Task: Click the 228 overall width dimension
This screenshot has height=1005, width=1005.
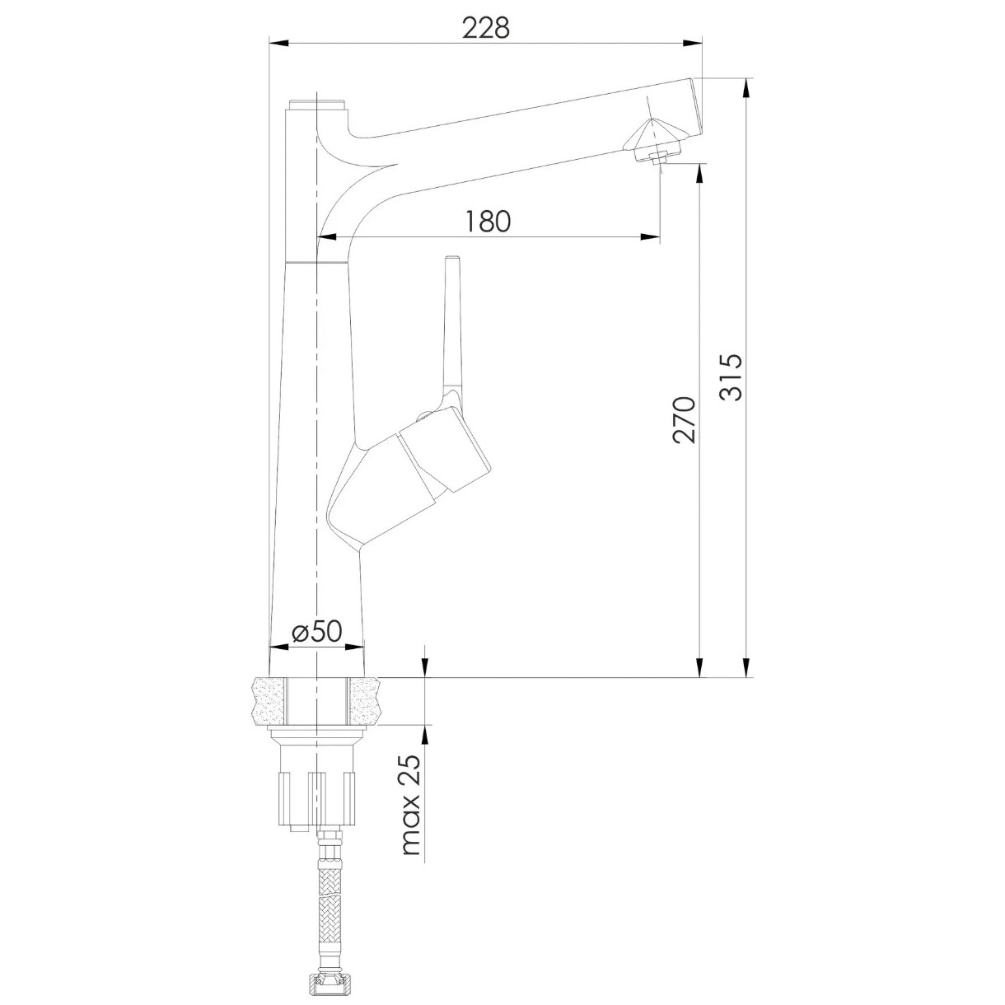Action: pyautogui.click(x=486, y=28)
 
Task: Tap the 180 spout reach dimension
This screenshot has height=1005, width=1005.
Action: pyautogui.click(x=488, y=221)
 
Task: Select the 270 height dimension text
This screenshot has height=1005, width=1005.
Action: pyautogui.click(x=684, y=420)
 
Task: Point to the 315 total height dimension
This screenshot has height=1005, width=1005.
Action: pyautogui.click(x=730, y=376)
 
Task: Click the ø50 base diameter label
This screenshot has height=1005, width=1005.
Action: pyautogui.click(x=316, y=631)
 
